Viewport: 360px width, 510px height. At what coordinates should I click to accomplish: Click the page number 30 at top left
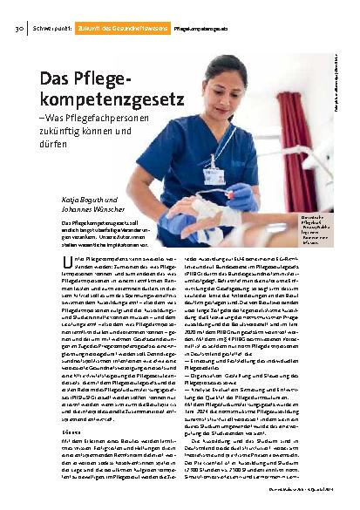17,29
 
